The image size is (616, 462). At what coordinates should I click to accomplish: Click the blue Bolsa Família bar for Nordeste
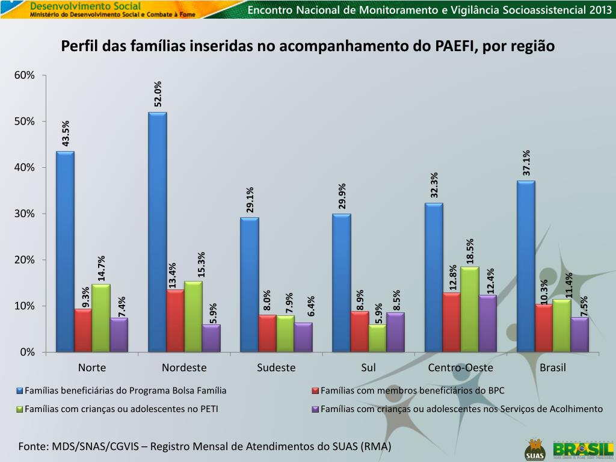158,232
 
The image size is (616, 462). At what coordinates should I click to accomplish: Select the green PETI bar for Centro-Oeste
470,309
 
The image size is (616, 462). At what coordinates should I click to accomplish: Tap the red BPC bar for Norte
83,330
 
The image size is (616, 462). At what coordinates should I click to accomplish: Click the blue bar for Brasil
526,266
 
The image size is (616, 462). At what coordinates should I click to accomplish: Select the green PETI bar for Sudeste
285,333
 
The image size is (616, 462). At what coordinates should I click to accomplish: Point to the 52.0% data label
158,94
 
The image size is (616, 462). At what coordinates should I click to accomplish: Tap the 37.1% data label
526,162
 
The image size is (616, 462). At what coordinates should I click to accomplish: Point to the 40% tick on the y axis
25,168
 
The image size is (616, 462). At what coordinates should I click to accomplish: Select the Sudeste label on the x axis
276,368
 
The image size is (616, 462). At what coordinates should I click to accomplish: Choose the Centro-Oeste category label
461,368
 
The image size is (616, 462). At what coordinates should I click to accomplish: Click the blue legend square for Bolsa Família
20,391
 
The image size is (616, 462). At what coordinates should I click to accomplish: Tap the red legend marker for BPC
315,391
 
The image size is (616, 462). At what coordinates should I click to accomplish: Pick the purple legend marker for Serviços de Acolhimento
315,409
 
